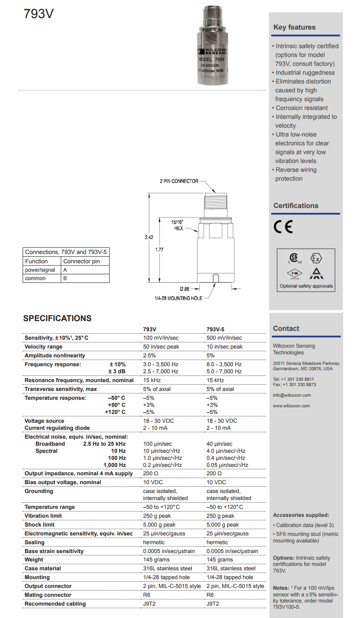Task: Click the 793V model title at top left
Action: (39, 14)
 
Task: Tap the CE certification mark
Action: (283, 227)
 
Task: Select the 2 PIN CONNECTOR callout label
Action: (179, 181)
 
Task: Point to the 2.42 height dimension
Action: (149, 237)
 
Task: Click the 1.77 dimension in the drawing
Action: (159, 250)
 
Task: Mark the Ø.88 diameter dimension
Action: (185, 289)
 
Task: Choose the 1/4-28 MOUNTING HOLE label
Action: (178, 299)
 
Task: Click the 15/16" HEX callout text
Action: (178, 225)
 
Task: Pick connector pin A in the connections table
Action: (65, 270)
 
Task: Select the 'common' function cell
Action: (35, 279)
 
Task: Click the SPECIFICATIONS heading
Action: (57, 318)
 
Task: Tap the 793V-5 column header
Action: (216, 329)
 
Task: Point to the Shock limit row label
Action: (40, 525)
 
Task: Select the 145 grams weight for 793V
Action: (156, 560)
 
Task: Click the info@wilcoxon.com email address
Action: (292, 395)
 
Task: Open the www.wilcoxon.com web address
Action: (292, 406)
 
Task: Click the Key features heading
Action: (295, 27)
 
